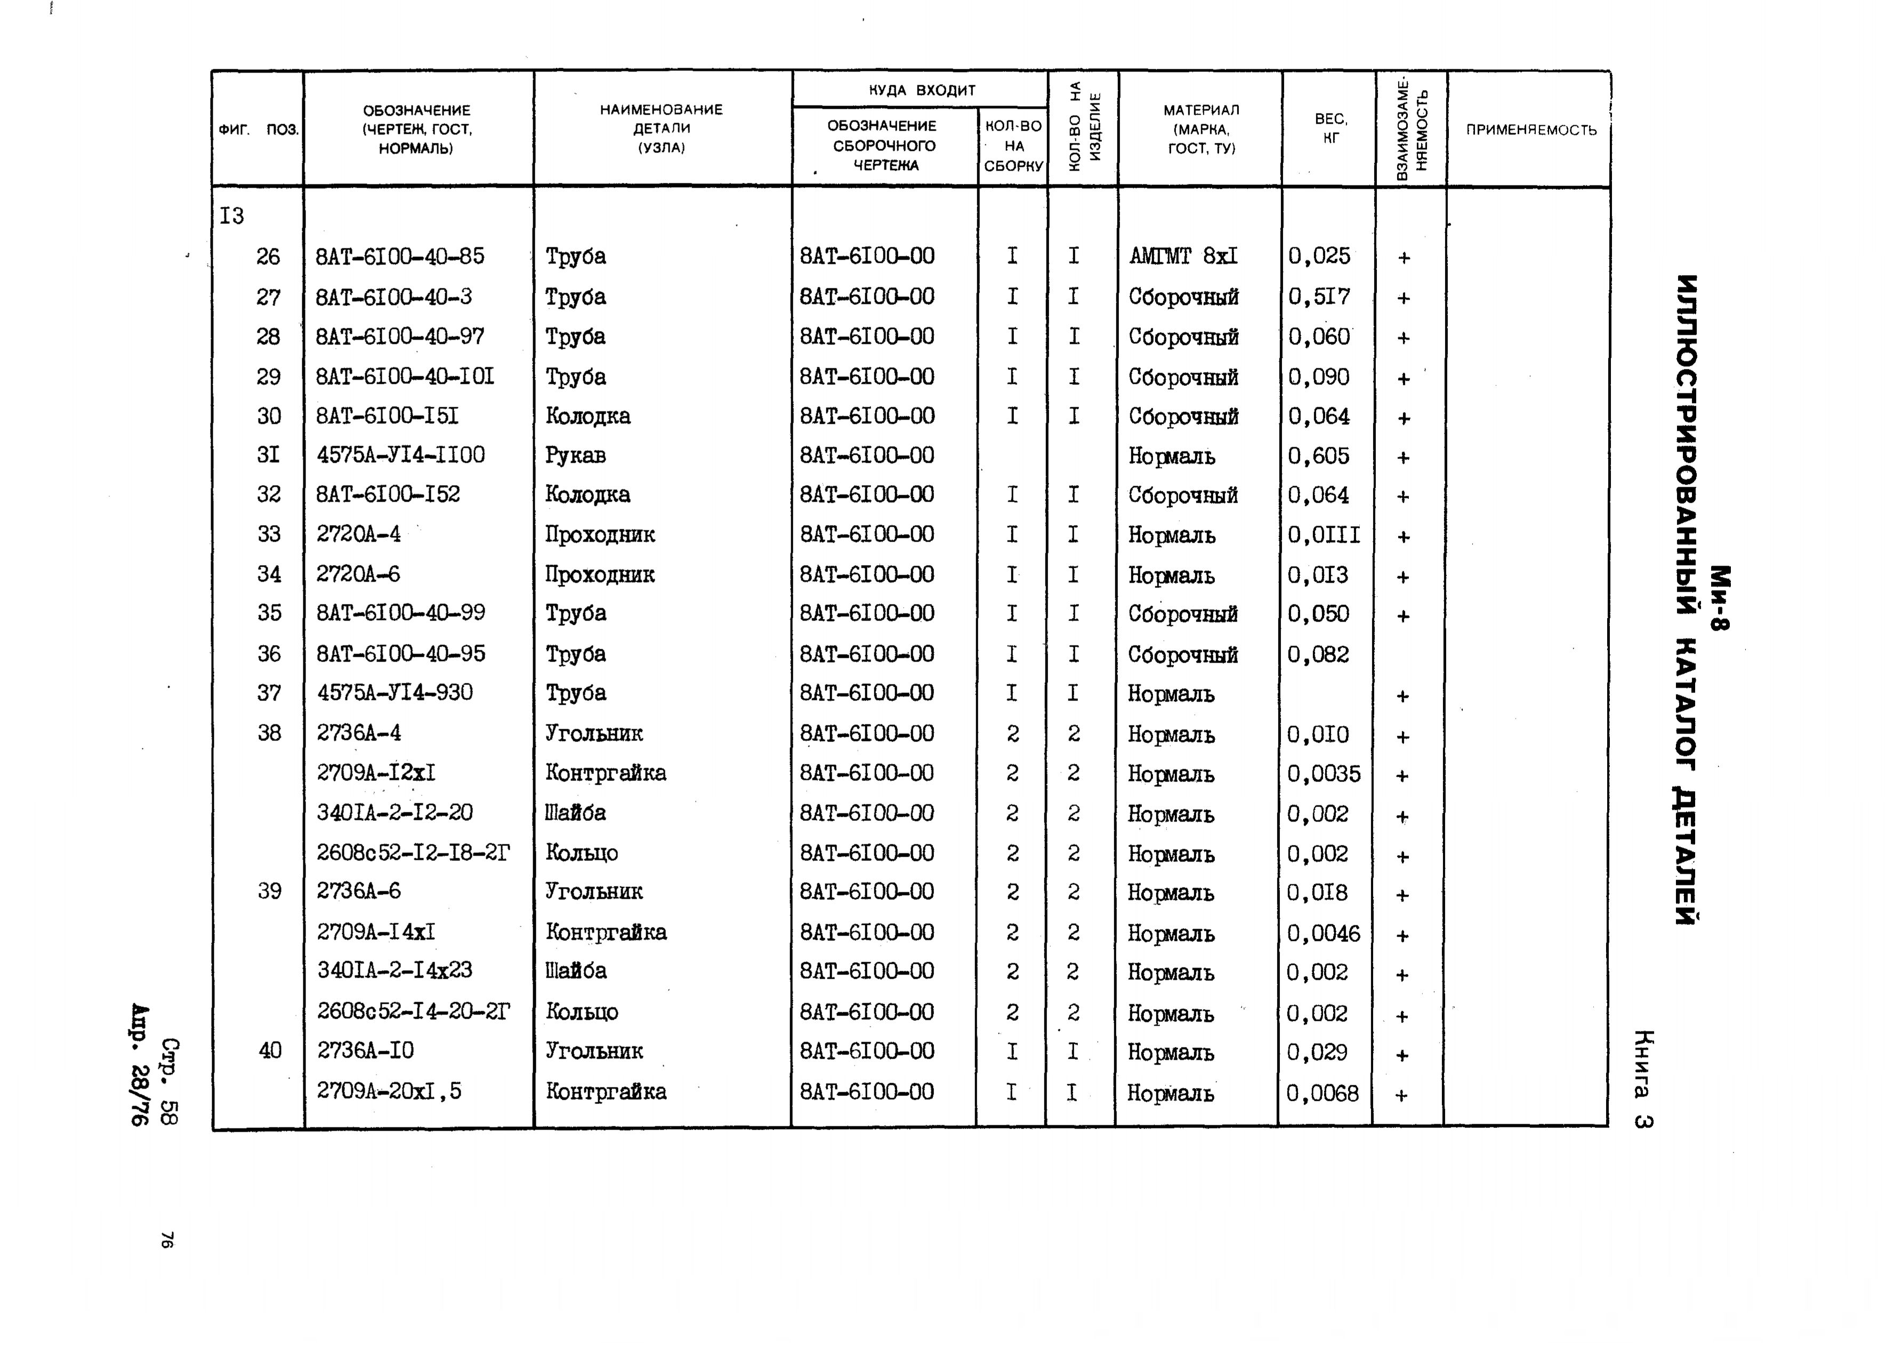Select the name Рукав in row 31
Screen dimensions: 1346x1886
[575, 455]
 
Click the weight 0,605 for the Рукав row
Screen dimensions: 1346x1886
[1318, 456]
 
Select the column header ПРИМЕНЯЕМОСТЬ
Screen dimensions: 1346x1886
[1530, 130]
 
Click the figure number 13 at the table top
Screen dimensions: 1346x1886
[232, 216]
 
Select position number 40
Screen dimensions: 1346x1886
[270, 1050]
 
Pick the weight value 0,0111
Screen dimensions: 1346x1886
[1324, 535]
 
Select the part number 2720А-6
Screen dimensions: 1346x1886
[358, 574]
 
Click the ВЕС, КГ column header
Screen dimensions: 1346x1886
[1330, 128]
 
